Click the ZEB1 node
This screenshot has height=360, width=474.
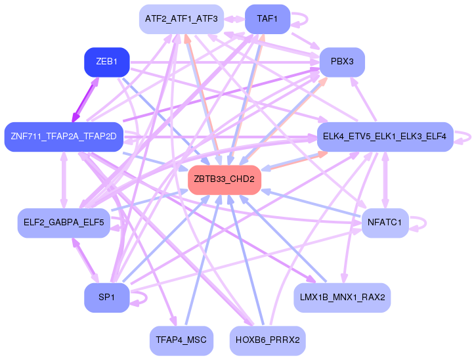(107, 62)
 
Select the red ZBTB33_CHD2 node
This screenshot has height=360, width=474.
(225, 179)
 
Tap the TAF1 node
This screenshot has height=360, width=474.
(268, 19)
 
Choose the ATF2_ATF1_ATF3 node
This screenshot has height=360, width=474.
(181, 19)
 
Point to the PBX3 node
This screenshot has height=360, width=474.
(342, 62)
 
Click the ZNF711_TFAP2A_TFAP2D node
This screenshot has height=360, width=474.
(64, 137)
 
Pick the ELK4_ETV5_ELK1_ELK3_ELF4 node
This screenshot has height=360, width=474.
(385, 137)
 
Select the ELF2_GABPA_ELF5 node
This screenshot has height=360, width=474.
(64, 223)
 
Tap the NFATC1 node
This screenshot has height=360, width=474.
(385, 223)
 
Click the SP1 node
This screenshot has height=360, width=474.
(107, 298)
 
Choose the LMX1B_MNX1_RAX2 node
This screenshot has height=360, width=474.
(342, 298)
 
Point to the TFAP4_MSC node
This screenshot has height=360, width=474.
(181, 341)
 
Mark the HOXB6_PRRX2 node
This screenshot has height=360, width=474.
(268, 341)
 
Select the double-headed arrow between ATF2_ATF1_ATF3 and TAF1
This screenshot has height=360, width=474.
(234, 19)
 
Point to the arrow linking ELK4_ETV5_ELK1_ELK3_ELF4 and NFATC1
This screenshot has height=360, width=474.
(385, 180)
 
